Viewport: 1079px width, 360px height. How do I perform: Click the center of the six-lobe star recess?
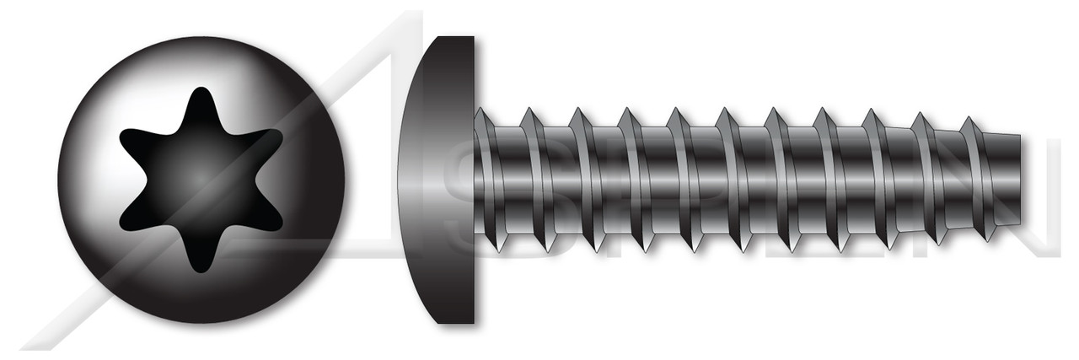tap(201, 180)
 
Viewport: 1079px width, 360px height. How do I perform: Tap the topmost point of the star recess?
tap(201, 89)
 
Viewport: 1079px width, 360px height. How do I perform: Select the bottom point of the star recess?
tap(200, 271)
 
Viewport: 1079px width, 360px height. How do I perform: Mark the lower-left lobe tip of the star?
tap(124, 225)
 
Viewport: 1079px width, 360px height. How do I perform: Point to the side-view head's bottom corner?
tap(468, 320)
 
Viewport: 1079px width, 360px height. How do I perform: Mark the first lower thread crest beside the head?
tap(497, 248)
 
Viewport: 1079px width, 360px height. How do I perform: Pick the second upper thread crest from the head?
tap(529, 110)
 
